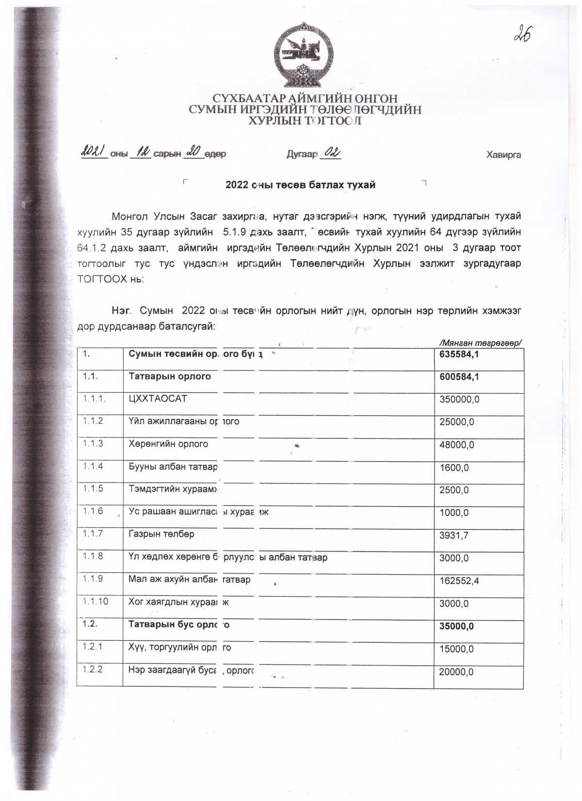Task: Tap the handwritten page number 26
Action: pyautogui.click(x=521, y=34)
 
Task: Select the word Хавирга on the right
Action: pyautogui.click(x=503, y=155)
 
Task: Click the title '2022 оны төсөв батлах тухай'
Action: pyautogui.click(x=301, y=185)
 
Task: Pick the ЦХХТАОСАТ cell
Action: pyautogui.click(x=158, y=399)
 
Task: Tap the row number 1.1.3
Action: pyautogui.click(x=93, y=443)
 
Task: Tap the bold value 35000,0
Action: pyautogui.click(x=456, y=626)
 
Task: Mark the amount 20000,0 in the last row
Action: pyautogui.click(x=456, y=672)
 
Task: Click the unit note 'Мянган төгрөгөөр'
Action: pyautogui.click(x=479, y=343)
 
